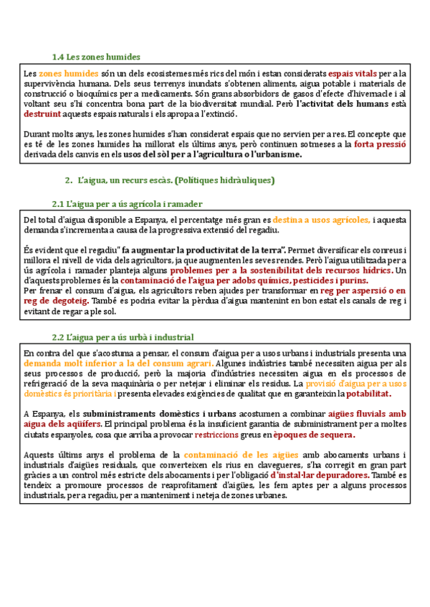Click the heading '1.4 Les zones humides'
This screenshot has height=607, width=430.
pos(96,57)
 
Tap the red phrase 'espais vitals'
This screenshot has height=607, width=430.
pos(353,73)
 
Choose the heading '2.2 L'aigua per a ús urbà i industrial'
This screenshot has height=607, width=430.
pos(122,337)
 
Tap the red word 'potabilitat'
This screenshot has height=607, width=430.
pos(369,394)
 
